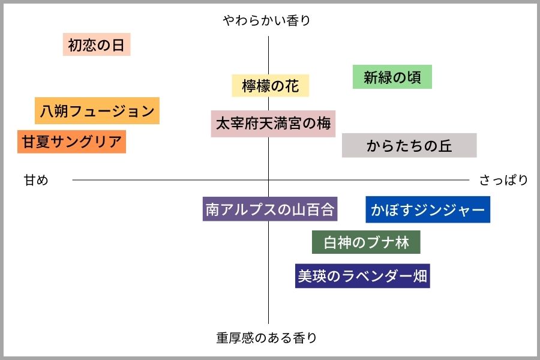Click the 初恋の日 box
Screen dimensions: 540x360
(97, 44)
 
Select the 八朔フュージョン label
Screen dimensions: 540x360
(97, 110)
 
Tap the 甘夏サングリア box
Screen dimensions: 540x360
(71, 142)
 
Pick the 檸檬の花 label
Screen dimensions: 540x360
(271, 85)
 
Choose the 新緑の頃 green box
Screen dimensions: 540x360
(392, 77)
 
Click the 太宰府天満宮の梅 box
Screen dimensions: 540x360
(273, 124)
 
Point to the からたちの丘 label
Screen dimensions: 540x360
(409, 145)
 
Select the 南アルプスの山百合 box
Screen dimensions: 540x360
(270, 209)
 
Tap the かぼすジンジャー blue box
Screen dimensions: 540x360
(428, 209)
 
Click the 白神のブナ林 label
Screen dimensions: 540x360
(366, 242)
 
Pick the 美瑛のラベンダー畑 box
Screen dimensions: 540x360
(362, 275)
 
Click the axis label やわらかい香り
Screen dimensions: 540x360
(266, 20)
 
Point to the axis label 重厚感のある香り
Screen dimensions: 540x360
(266, 338)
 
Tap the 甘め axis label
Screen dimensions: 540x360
(36, 180)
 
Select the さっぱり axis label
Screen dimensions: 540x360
(503, 180)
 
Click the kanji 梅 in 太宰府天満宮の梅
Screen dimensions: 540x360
(324, 124)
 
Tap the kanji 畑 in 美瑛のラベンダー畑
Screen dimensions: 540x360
(420, 275)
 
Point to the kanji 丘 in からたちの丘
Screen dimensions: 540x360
(445, 146)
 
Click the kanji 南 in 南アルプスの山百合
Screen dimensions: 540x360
(212, 209)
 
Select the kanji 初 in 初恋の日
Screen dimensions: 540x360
(75, 45)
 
